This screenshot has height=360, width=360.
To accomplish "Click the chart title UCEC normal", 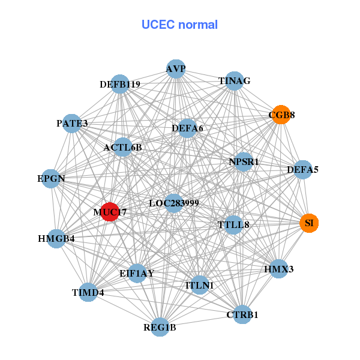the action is point(179,25).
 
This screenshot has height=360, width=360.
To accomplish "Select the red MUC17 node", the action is point(110,212).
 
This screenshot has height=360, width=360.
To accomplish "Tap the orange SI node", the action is point(309,223).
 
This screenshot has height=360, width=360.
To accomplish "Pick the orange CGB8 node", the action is point(281,114).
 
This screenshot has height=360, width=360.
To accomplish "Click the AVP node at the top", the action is point(176,69).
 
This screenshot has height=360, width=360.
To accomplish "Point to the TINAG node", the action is point(234,81).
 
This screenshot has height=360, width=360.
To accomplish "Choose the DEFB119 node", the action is point(121,85).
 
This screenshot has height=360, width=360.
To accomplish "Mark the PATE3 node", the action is point(72,124).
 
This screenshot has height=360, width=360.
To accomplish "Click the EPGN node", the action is point(51,179).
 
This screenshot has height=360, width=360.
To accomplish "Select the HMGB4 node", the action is point(56,239).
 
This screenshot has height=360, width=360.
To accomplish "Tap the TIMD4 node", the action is point(88,293).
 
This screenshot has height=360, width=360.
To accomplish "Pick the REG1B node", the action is point(160,327).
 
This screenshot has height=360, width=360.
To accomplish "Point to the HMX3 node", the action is point(279,269).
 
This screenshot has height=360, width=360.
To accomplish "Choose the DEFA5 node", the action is point(303,170).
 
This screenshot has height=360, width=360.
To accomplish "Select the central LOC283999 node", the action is point(173,203).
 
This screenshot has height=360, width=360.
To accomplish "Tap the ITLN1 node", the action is point(200,286).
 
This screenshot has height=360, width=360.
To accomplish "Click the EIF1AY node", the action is point(137,273).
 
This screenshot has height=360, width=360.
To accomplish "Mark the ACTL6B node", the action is point(122,148).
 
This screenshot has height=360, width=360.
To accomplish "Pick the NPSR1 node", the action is point(244,162).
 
